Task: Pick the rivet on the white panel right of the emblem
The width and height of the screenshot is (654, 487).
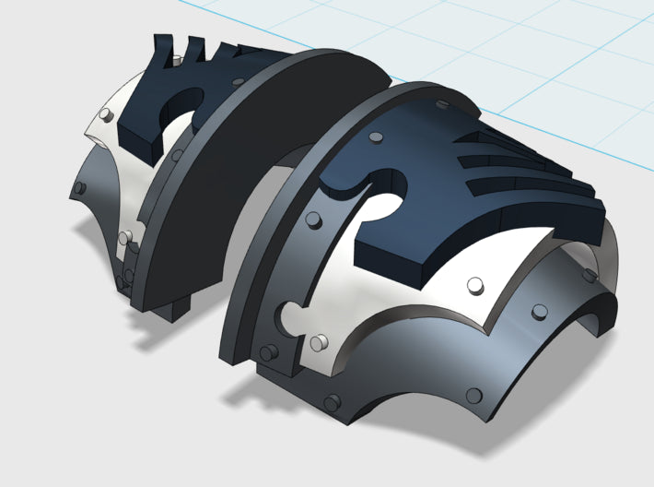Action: click(x=476, y=284)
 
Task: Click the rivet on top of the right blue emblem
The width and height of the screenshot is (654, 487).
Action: click(x=375, y=138)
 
